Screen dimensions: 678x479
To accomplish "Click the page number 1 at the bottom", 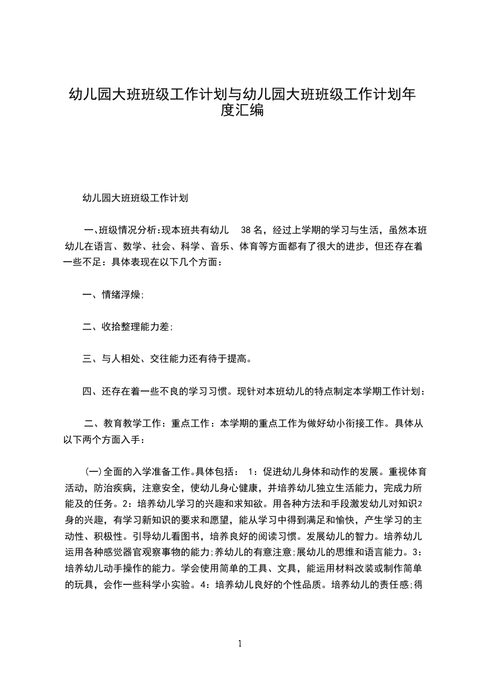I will [240, 644].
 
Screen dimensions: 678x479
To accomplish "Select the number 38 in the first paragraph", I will [246, 230].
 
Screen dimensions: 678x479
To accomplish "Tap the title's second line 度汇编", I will [240, 111].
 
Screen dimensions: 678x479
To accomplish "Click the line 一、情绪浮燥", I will [113, 295].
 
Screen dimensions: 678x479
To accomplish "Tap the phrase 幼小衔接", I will [353, 424].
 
